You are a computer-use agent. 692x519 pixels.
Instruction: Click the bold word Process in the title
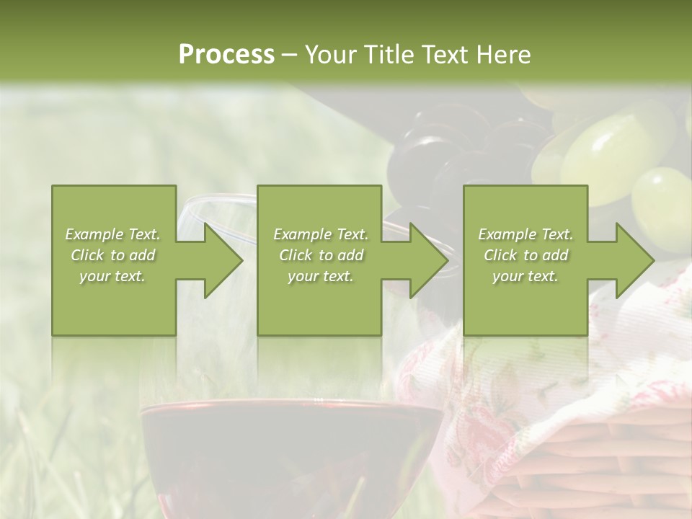tap(226, 54)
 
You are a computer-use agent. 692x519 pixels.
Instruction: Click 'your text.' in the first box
tap(113, 276)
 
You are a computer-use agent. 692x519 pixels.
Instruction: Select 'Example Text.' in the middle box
tap(321, 234)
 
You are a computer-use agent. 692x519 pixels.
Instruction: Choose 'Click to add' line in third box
tap(525, 255)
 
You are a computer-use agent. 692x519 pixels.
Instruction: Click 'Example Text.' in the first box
tap(113, 234)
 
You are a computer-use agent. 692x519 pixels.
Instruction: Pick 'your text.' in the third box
tap(525, 276)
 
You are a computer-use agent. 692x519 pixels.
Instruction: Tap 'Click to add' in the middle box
tap(321, 255)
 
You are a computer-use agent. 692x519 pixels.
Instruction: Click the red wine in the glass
tap(288, 447)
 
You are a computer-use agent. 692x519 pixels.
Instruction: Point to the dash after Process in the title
tap(290, 55)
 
